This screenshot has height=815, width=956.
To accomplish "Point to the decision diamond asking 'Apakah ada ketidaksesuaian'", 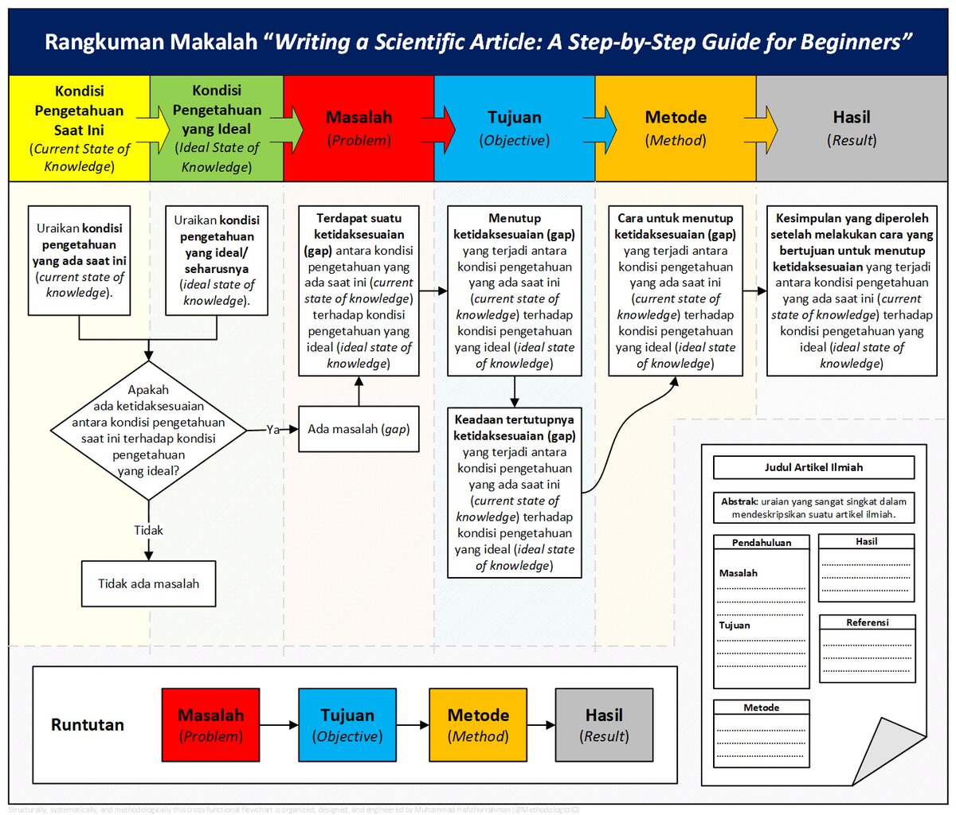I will pos(149,431).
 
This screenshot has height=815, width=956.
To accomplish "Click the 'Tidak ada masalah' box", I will pos(149,583).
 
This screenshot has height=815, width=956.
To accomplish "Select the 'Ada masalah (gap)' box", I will pos(358,429).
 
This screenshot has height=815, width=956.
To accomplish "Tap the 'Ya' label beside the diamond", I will pos(273,430).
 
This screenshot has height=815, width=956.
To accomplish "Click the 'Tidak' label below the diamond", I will pos(149,530).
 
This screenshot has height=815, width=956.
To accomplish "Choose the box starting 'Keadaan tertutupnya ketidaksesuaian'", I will pos(514,492).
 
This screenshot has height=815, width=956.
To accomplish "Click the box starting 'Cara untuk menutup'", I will pos(675,291).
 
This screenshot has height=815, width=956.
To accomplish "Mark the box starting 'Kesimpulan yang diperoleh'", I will pos(851,291).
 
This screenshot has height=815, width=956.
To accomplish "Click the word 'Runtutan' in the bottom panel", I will pos(88,725).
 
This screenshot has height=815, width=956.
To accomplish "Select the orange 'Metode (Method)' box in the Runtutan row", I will pos(478,725).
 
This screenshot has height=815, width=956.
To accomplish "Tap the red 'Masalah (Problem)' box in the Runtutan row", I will pos(210,725).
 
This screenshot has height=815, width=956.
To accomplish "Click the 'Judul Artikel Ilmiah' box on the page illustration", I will pos(813,467).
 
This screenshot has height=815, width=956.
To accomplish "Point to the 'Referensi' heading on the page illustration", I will pos(868,622).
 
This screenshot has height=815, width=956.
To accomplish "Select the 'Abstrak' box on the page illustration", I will pos(813,508).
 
